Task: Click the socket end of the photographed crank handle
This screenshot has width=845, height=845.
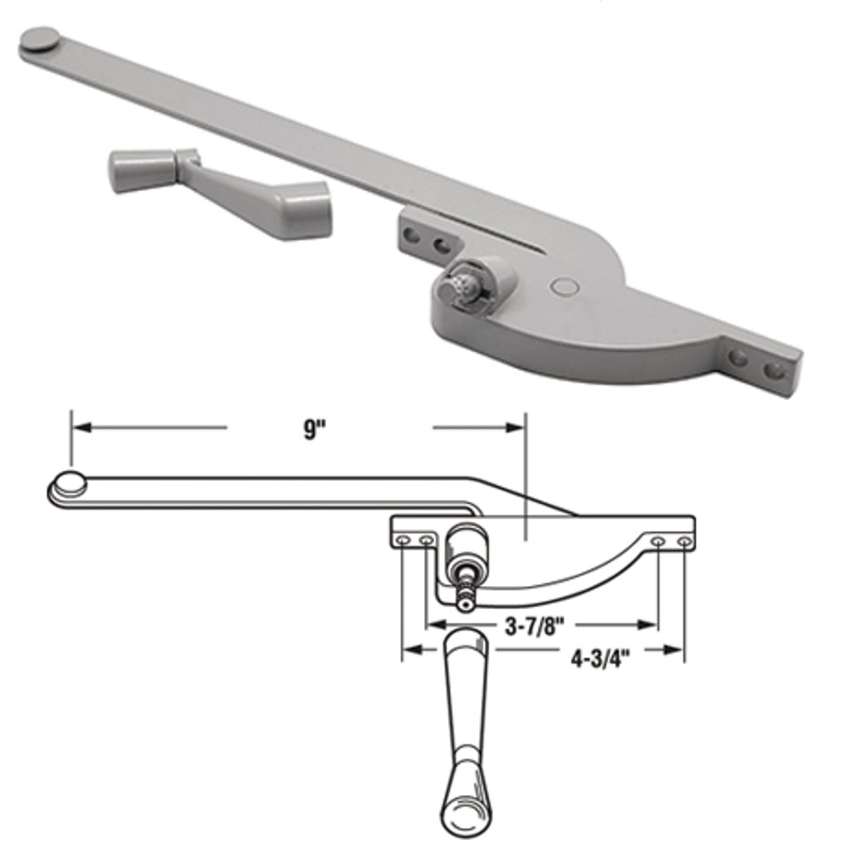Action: point(308,202)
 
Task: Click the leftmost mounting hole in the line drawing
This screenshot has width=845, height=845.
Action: point(402,540)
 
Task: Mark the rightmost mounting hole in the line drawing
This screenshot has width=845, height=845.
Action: point(683,541)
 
